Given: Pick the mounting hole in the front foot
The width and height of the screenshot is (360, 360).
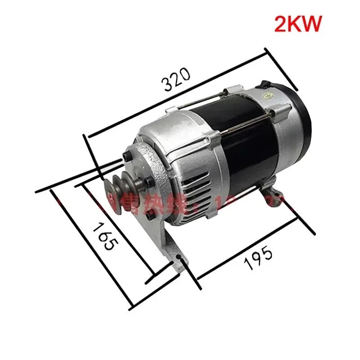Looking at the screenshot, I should tap(180, 258).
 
